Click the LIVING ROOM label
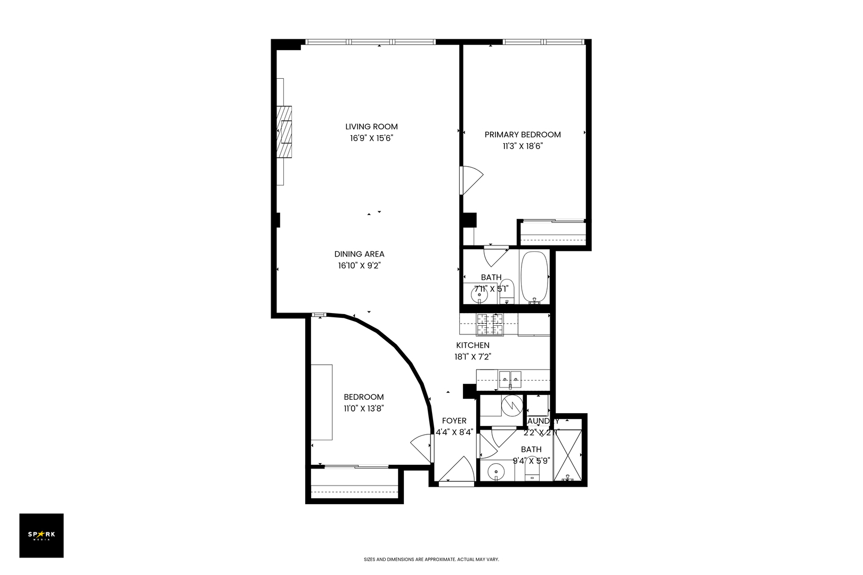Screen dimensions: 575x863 (371, 127)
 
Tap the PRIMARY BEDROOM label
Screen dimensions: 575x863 (522, 135)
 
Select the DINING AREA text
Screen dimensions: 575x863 (359, 254)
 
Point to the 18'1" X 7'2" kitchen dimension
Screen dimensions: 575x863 (472, 357)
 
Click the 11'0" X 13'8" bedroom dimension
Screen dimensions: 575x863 (364, 408)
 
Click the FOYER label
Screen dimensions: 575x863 (454, 421)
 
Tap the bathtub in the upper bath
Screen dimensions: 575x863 (534, 277)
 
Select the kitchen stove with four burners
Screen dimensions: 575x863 (489, 324)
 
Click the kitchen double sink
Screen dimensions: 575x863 (510, 379)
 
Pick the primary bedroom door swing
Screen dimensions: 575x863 (471, 180)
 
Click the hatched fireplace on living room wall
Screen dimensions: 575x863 (284, 132)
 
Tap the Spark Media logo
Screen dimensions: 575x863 (42, 535)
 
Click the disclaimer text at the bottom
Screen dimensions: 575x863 (431, 560)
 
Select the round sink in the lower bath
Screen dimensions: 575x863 (495, 471)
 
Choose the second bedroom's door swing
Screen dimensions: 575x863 (421, 448)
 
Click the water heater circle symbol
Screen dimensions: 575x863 (512, 406)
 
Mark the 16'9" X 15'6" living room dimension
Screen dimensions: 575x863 (371, 138)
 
